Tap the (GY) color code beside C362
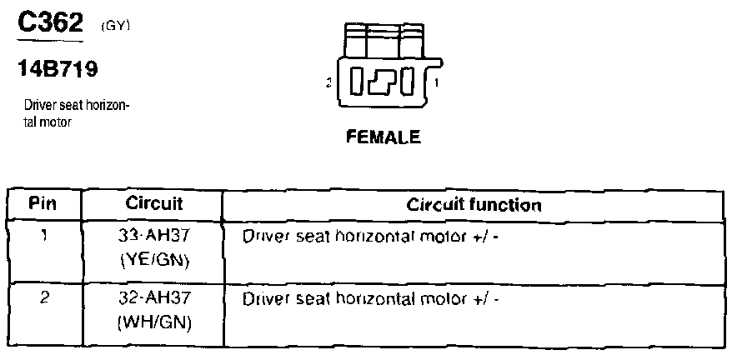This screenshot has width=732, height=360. point(116,27)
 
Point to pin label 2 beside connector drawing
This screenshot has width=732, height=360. point(329,82)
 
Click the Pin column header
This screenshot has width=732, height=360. point(43,204)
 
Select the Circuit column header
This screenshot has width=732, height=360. point(154,204)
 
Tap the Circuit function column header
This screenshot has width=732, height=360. point(474,204)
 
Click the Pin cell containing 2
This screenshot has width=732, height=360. point(43,296)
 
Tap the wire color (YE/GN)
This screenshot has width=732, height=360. point(154,261)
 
